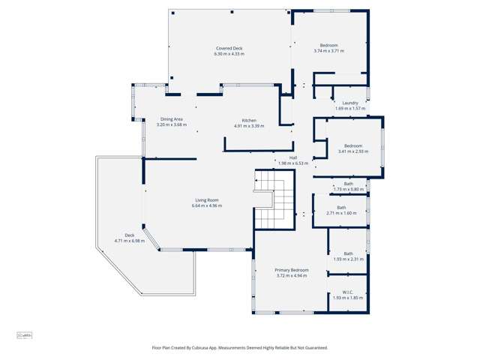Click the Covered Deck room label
[229, 48]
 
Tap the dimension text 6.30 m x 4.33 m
[229, 54]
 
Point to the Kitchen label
[249, 120]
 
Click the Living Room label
[207, 199]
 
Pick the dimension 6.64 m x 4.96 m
[207, 205]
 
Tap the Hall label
[293, 157]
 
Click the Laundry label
[350, 103]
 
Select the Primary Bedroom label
[291, 270]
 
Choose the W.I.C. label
[348, 292]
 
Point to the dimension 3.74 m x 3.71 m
[328, 51]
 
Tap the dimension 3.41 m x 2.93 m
[352, 151]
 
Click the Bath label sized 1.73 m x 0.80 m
[349, 184]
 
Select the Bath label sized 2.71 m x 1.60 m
[341, 208]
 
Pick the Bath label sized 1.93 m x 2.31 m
[348, 253]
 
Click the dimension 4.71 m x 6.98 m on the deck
[128, 241]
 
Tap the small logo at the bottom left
[24, 335]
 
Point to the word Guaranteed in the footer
[312, 348]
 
